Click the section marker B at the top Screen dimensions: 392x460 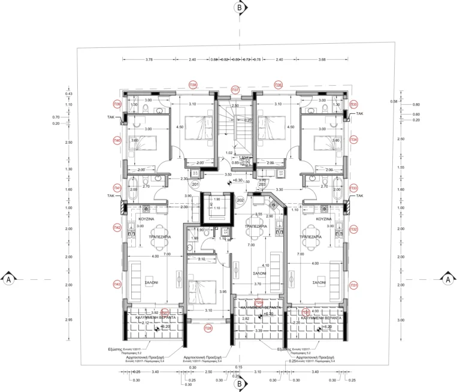[239, 8]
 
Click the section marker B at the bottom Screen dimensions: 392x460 [239, 383]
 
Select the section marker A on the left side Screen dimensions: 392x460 [9, 279]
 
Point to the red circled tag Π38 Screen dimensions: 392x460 [193, 85]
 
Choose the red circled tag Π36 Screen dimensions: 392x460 [278, 85]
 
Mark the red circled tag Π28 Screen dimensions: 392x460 [208, 328]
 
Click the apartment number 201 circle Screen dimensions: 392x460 [195, 185]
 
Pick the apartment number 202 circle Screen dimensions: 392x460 [241, 200]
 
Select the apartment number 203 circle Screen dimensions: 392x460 [262, 185]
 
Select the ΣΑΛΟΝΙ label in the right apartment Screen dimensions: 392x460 [318, 282]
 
